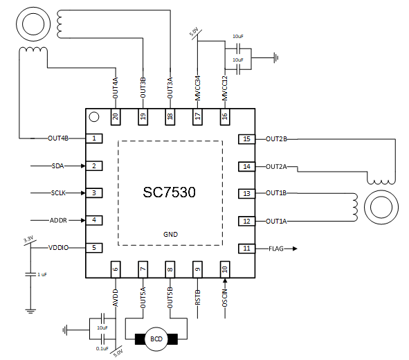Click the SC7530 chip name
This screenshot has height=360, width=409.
click(x=169, y=192)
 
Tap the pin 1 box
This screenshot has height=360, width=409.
click(x=94, y=138)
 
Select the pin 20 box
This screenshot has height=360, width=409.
click(x=116, y=116)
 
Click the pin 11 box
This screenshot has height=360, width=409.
click(x=246, y=249)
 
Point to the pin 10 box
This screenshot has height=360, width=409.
click(x=225, y=269)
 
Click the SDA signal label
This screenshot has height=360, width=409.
click(x=58, y=166)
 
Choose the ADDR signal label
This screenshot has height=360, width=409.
click(x=58, y=220)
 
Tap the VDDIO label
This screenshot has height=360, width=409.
click(x=58, y=248)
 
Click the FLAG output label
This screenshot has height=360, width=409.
click(x=276, y=249)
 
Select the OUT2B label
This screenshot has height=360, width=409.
click(x=276, y=139)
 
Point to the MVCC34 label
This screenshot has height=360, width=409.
click(x=198, y=88)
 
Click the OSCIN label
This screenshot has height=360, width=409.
click(x=225, y=298)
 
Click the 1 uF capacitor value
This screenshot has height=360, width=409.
click(x=42, y=274)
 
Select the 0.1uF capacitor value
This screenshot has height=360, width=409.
click(x=102, y=348)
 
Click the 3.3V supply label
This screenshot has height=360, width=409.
click(x=28, y=239)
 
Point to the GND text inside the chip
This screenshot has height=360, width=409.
click(x=170, y=235)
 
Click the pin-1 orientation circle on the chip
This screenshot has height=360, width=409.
click(x=94, y=117)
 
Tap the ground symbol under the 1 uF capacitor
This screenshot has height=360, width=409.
click(x=30, y=311)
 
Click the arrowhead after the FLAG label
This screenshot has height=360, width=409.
click(x=295, y=249)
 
